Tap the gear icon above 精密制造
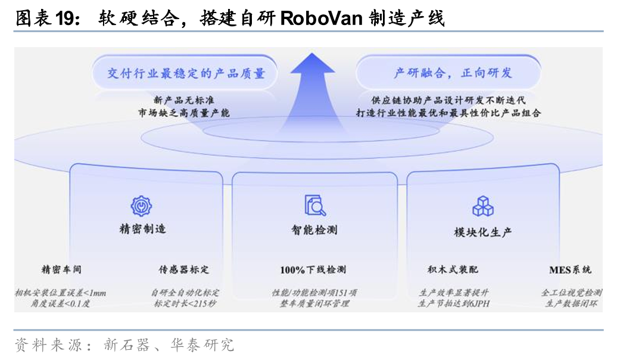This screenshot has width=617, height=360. (142, 206)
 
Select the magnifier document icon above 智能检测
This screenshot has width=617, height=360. (314, 204)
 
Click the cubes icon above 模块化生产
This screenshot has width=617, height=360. (483, 206)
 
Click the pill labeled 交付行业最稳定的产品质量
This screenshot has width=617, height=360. (186, 73)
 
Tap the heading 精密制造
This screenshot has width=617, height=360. (142, 229)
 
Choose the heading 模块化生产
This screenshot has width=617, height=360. (483, 232)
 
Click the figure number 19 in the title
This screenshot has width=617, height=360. (65, 18)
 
